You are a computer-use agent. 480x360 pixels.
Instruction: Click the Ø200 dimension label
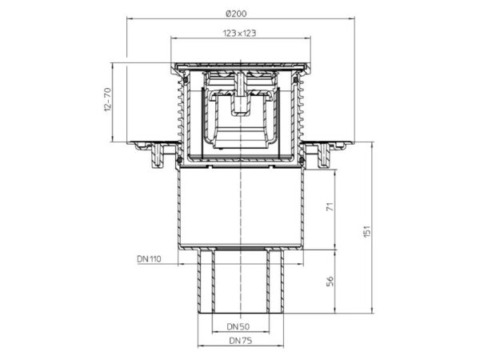click(x=236, y=14)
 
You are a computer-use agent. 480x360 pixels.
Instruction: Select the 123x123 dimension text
click(x=239, y=33)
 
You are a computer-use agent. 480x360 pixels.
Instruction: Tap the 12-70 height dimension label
click(x=107, y=99)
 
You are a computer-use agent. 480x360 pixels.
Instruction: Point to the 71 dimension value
click(x=330, y=207)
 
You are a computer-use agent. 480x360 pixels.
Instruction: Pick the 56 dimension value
click(x=330, y=281)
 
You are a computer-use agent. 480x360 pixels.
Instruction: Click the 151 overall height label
click(x=366, y=231)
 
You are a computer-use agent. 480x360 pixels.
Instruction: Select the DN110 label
click(x=149, y=259)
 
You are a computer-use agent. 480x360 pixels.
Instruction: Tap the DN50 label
click(x=238, y=326)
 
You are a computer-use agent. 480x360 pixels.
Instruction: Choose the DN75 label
click(x=241, y=341)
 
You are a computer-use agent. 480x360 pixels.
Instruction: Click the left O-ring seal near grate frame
click(x=186, y=80)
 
